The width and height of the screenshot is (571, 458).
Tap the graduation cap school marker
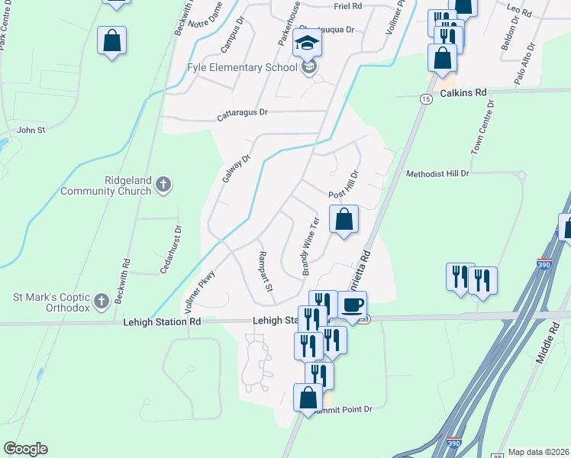308,43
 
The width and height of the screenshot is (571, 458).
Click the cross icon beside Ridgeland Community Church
163,184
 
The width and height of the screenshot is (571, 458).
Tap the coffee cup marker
352,305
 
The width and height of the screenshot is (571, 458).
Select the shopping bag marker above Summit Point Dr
308,398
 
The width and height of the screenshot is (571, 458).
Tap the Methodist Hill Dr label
437,174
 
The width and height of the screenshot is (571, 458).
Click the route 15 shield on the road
424,98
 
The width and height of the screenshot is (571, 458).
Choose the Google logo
25,449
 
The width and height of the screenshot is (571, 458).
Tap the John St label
31,131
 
